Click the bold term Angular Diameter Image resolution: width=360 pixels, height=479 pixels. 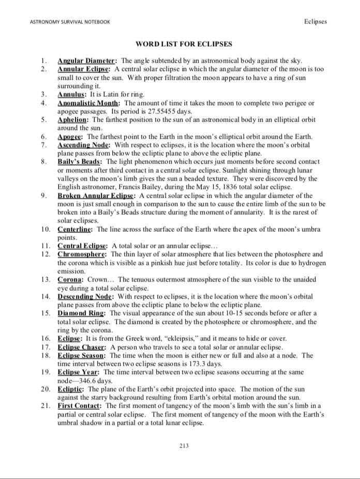pyautogui.click(x=86, y=61)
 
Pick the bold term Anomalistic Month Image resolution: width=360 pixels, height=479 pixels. pyautogui.click(x=88, y=103)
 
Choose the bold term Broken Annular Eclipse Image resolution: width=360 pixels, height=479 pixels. pyautogui.click(x=97, y=196)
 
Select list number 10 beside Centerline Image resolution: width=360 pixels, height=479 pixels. pyautogui.click(x=46, y=229)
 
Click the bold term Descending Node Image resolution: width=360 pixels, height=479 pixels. pyautogui.click(x=85, y=296)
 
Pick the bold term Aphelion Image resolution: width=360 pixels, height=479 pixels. pyautogui.click(x=73, y=119)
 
